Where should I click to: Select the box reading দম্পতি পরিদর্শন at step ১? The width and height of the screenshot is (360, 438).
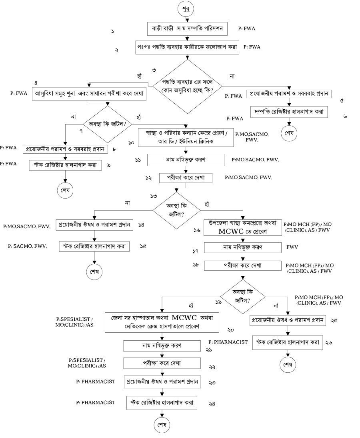[188, 29]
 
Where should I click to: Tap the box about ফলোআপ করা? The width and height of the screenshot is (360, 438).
[187, 47]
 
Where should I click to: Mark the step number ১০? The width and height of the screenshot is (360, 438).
[131, 143]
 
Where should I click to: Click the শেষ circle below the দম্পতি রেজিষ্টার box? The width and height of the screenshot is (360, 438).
[289, 134]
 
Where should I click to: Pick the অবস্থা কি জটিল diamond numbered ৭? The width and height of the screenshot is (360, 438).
[108, 120]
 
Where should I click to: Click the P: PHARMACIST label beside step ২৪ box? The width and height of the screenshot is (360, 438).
[96, 402]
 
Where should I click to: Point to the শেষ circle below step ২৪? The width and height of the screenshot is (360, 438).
[162, 424]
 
